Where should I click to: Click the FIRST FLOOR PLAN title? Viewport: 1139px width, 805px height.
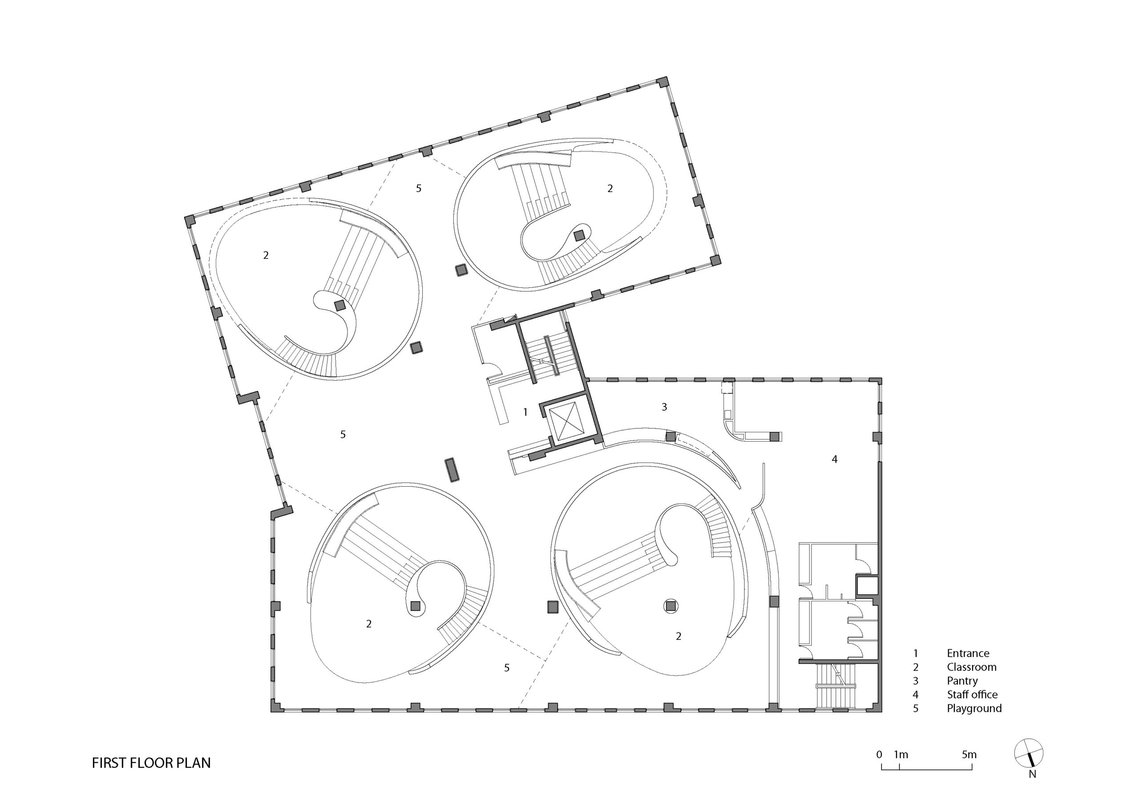click(151, 763)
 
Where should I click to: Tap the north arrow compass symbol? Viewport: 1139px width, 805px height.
click(1029, 753)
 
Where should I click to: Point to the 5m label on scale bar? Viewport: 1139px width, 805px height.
click(969, 755)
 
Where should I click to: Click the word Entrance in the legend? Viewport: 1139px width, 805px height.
click(968, 653)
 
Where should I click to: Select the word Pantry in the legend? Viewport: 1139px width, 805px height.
click(962, 681)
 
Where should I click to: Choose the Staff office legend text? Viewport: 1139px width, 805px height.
click(972, 694)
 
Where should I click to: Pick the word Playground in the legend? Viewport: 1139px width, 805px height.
click(974, 708)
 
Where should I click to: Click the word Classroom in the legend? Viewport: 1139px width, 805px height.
click(971, 667)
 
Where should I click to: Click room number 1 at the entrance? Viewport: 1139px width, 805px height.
click(525, 412)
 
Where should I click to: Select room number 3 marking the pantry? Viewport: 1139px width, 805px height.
click(664, 407)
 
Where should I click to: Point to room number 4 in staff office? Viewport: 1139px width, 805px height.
click(834, 459)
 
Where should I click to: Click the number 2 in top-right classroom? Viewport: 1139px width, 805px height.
click(610, 189)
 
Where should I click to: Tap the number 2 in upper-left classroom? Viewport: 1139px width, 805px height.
click(266, 255)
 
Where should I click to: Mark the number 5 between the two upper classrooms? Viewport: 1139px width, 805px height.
click(419, 189)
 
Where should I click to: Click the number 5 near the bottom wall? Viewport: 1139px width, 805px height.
click(506, 668)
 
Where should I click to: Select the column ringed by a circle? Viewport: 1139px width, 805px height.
click(670, 606)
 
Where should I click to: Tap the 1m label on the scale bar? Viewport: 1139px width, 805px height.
click(901, 755)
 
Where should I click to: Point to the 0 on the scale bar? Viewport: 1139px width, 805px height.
click(879, 755)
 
